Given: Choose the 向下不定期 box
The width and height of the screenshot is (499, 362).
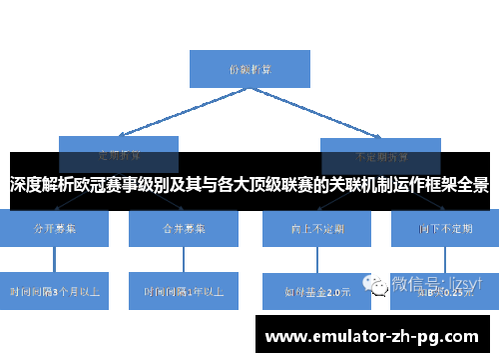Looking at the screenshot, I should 446,229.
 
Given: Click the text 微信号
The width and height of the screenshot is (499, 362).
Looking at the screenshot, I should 417,283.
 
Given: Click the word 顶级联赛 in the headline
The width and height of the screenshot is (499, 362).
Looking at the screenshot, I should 282,186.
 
